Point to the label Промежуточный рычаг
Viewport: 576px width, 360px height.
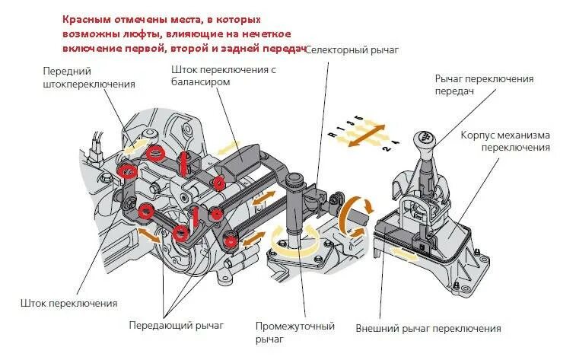294,333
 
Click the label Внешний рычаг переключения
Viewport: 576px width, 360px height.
428,329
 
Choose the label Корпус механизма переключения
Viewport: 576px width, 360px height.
504,141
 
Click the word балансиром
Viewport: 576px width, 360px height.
199,84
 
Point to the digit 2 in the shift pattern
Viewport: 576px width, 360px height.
387,150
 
